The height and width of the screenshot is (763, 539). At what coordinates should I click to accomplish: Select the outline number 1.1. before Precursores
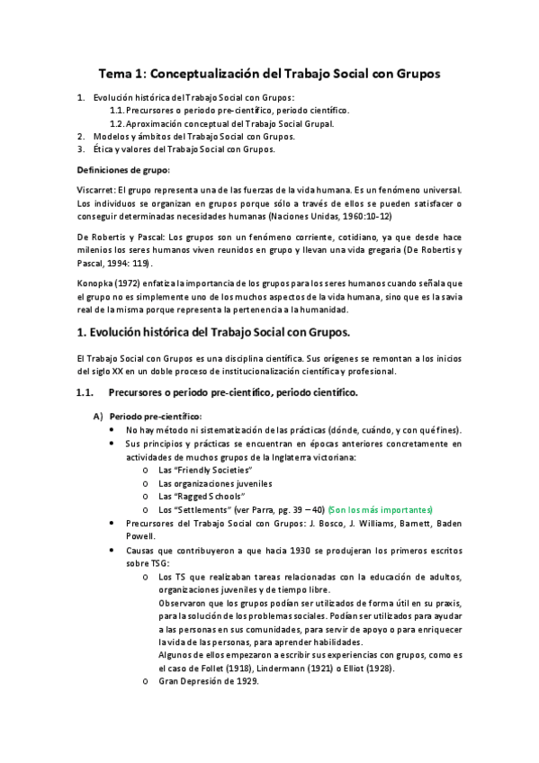(118, 111)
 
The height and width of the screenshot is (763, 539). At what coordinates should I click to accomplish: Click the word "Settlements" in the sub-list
(202, 509)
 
